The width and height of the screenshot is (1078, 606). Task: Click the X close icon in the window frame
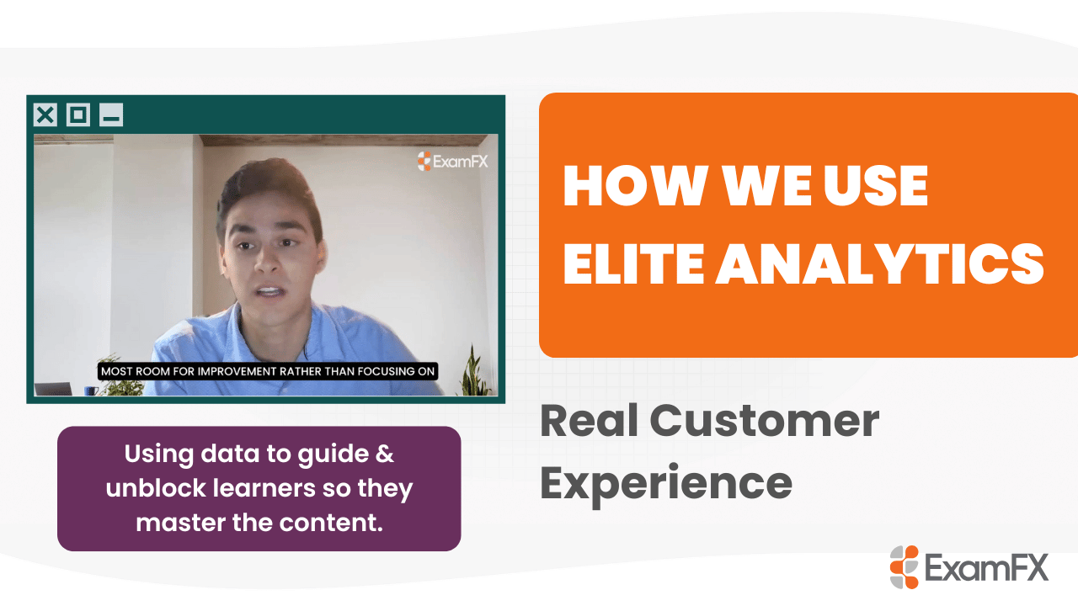(45, 114)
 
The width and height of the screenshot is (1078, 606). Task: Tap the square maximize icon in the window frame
(78, 114)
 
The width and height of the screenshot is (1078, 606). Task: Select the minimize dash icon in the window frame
(111, 114)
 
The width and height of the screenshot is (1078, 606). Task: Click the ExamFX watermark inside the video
(452, 161)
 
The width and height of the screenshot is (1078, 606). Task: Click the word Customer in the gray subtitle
(764, 421)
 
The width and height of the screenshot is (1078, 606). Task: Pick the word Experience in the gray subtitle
(665, 482)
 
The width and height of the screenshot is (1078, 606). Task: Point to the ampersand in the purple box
(384, 454)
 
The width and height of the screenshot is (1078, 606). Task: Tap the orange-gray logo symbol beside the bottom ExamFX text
(905, 566)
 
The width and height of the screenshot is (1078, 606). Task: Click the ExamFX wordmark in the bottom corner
(986, 567)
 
